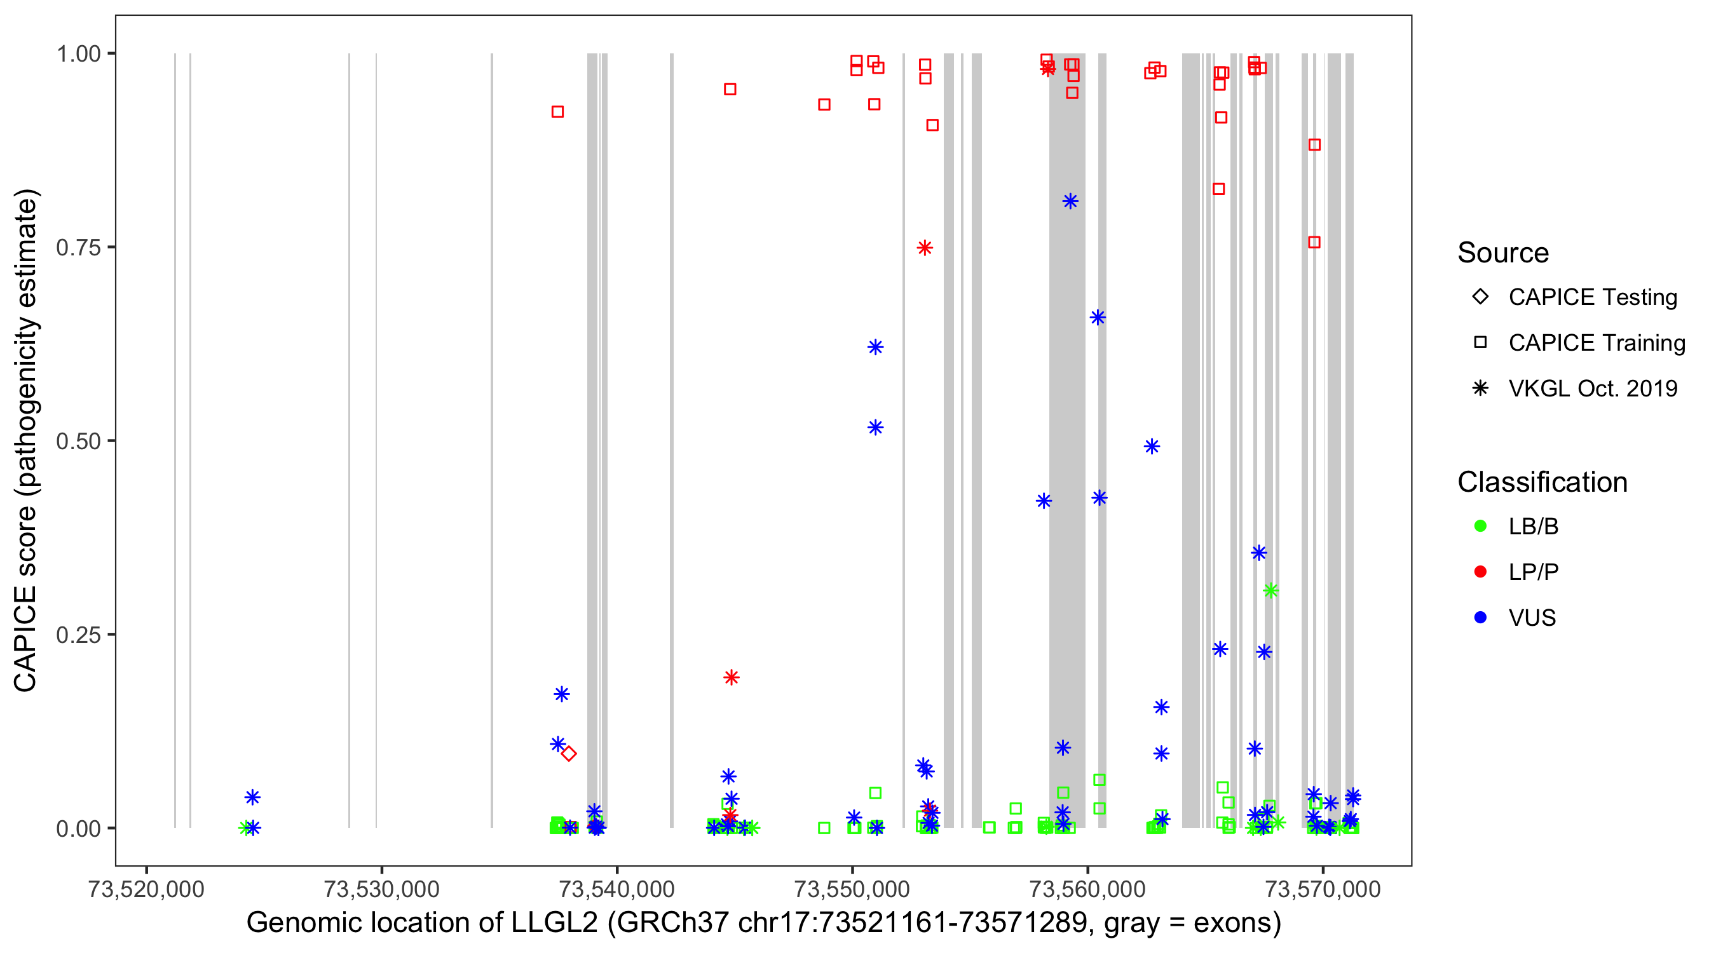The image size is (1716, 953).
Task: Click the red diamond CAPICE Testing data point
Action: click(568, 754)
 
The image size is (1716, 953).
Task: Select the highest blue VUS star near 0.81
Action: click(1070, 201)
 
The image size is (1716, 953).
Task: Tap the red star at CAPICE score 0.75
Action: click(924, 248)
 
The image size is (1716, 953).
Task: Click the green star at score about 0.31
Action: click(1270, 590)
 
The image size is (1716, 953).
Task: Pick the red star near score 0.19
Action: click(731, 677)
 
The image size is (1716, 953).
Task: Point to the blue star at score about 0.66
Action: click(1097, 317)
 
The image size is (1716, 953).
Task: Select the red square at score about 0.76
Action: click(1314, 243)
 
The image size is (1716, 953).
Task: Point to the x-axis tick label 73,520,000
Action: click(146, 889)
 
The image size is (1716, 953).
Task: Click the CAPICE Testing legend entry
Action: click(1592, 297)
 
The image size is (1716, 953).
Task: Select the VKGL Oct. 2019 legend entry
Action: click(1592, 388)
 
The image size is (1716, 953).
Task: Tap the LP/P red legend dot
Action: click(1480, 572)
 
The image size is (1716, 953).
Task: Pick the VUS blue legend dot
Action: click(1480, 618)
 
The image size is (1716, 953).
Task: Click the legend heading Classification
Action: click(1542, 482)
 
